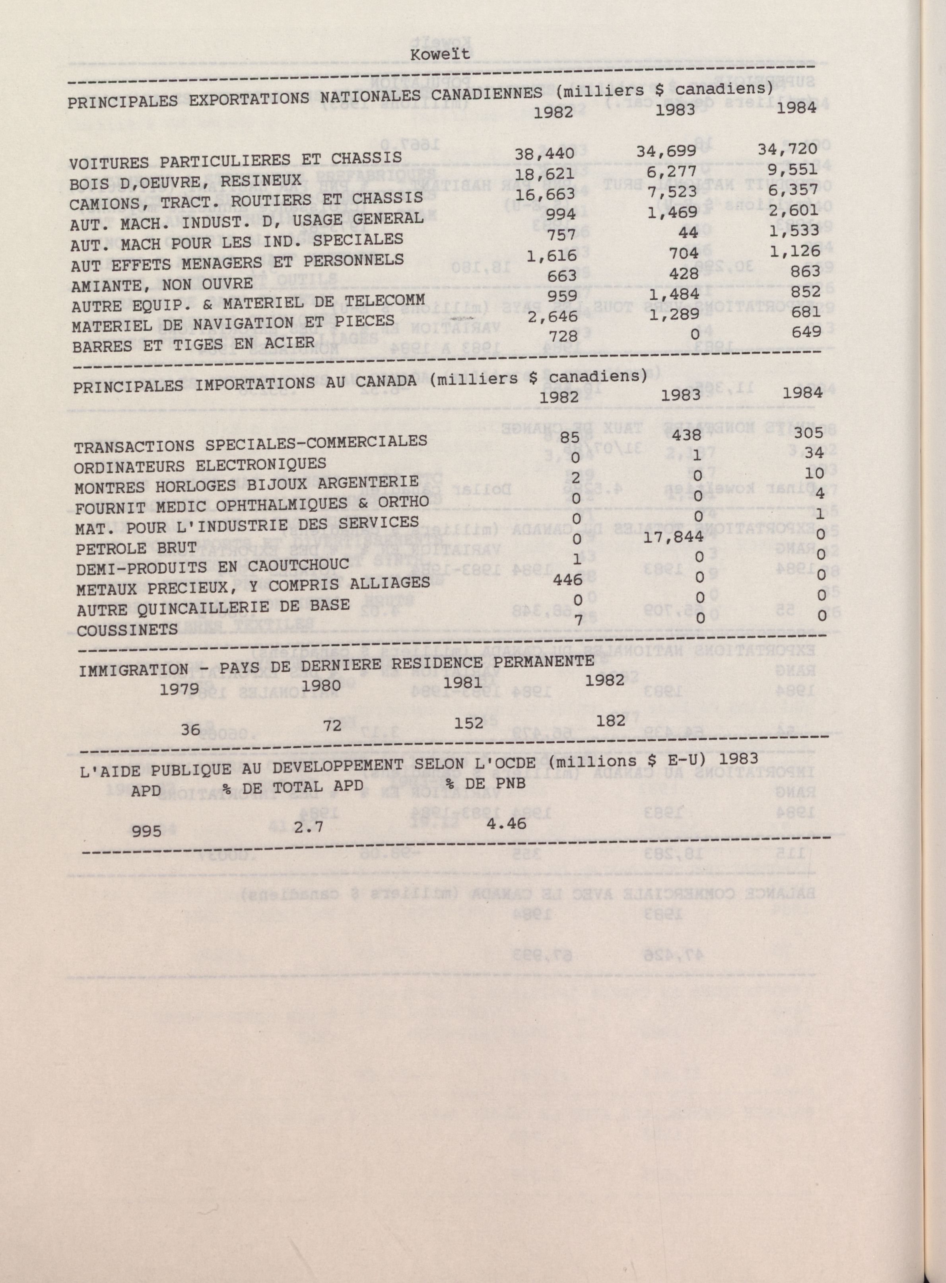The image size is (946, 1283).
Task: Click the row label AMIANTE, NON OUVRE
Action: (163, 284)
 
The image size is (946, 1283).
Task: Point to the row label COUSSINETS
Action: (127, 630)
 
